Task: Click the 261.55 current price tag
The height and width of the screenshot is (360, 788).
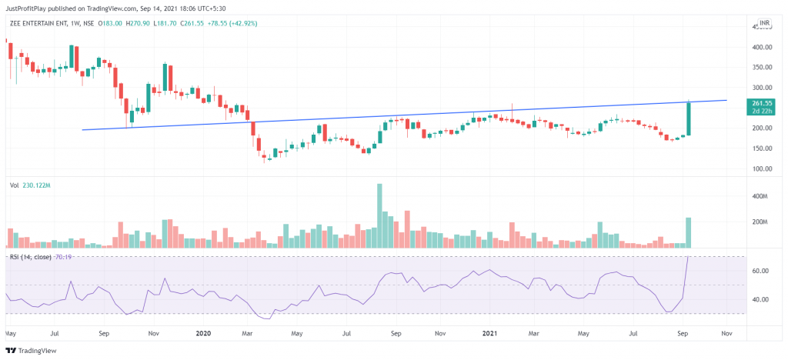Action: (762, 102)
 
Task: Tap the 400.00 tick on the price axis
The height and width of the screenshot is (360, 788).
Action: (762, 47)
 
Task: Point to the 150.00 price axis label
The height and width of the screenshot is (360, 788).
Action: (762, 148)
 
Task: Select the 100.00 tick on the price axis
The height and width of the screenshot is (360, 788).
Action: (762, 168)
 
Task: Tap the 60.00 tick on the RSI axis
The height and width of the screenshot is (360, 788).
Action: (761, 271)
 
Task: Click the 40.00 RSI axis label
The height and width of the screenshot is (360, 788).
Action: (761, 299)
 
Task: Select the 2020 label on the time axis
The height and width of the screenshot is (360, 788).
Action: (204, 335)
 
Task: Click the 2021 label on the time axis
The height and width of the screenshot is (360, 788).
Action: (489, 335)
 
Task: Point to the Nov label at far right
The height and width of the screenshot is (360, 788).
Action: (726, 335)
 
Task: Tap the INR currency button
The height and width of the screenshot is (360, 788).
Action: (764, 24)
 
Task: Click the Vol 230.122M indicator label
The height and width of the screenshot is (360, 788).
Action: (29, 185)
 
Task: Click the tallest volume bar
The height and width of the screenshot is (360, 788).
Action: (379, 215)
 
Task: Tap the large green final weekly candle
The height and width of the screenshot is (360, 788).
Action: (689, 118)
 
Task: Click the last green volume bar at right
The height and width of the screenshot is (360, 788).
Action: (689, 232)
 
